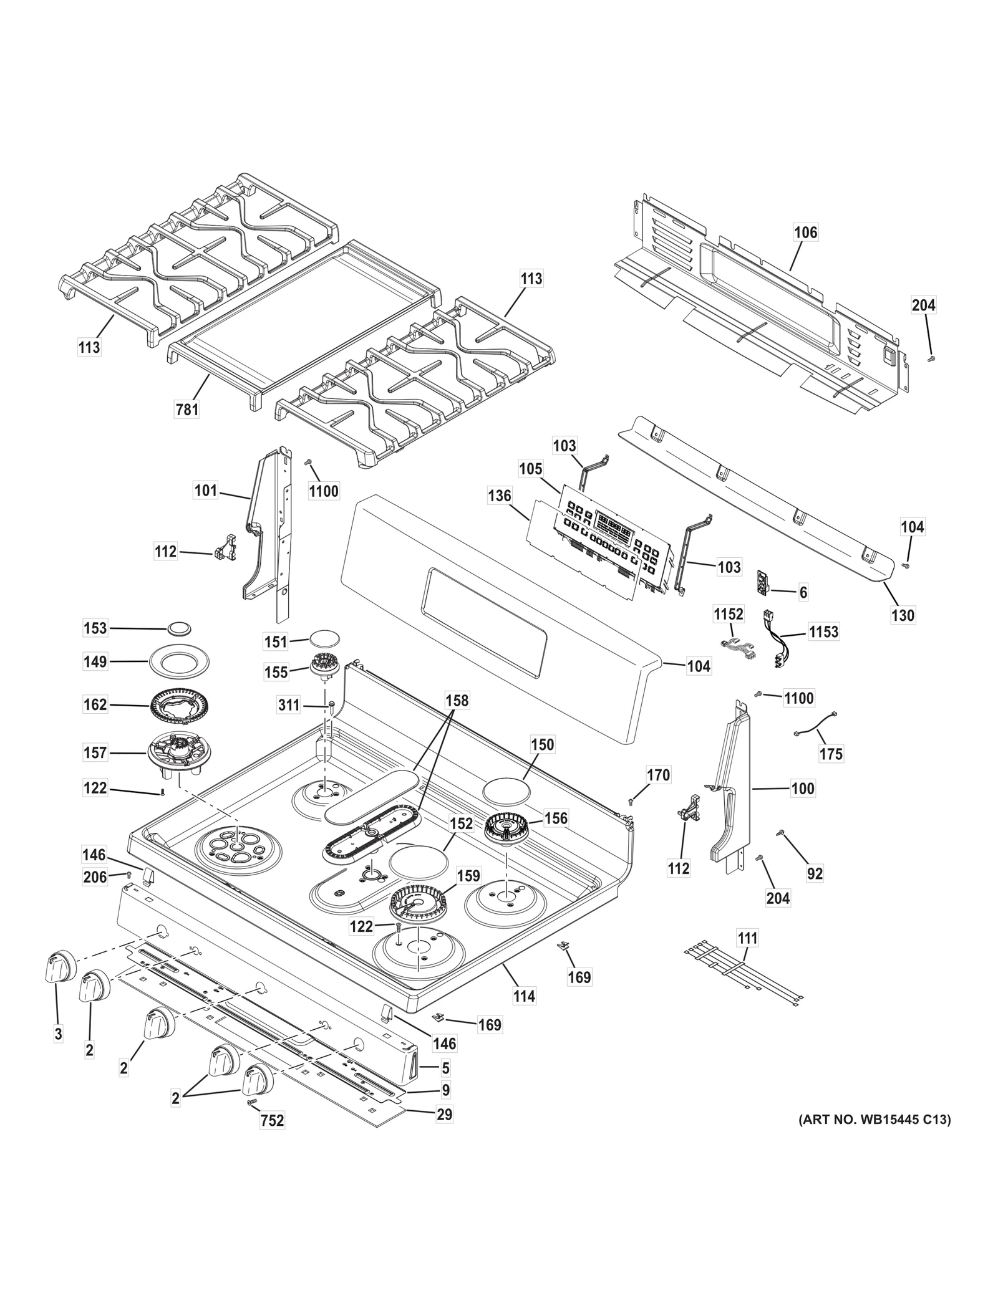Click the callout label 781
[187, 409]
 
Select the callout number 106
[805, 233]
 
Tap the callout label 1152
[729, 614]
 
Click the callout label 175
[831, 754]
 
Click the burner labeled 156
[507, 828]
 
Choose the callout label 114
[524, 996]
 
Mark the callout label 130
[903, 615]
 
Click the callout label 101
[206, 491]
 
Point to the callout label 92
[815, 874]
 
